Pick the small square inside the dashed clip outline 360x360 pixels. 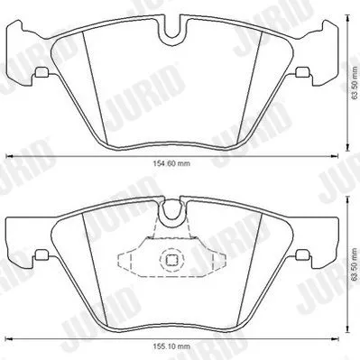[x=169, y=262]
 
